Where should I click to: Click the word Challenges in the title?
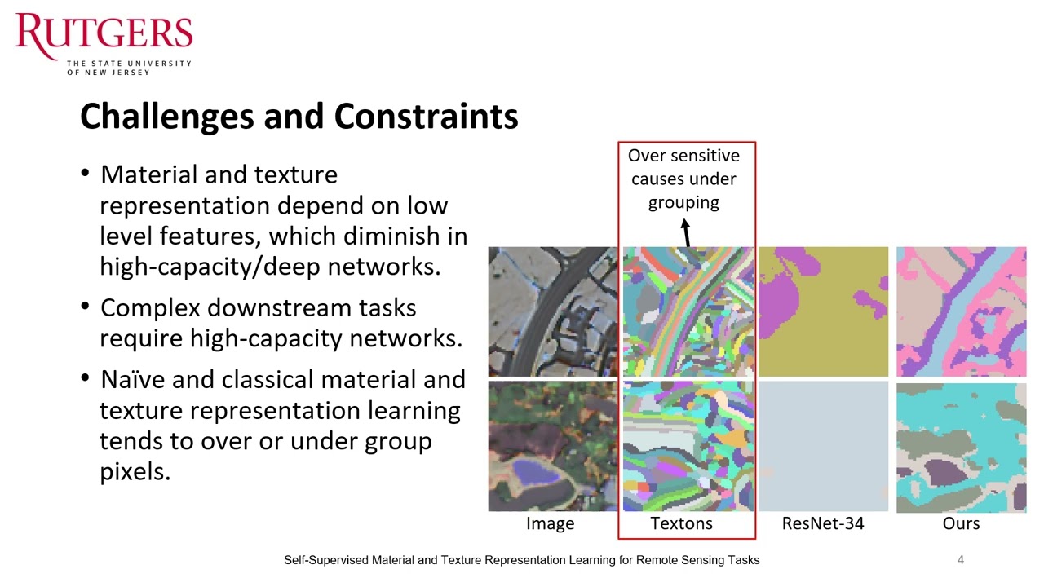click(166, 117)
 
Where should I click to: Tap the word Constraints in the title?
click(426, 117)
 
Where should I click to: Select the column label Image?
click(550, 524)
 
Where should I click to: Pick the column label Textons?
click(681, 524)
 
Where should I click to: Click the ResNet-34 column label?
click(822, 524)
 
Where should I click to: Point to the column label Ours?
click(961, 524)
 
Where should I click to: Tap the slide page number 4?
click(961, 560)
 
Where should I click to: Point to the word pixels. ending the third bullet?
click(135, 471)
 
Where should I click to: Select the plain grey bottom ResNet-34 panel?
click(823, 447)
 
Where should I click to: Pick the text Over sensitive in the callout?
click(683, 156)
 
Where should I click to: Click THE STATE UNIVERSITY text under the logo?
click(129, 64)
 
